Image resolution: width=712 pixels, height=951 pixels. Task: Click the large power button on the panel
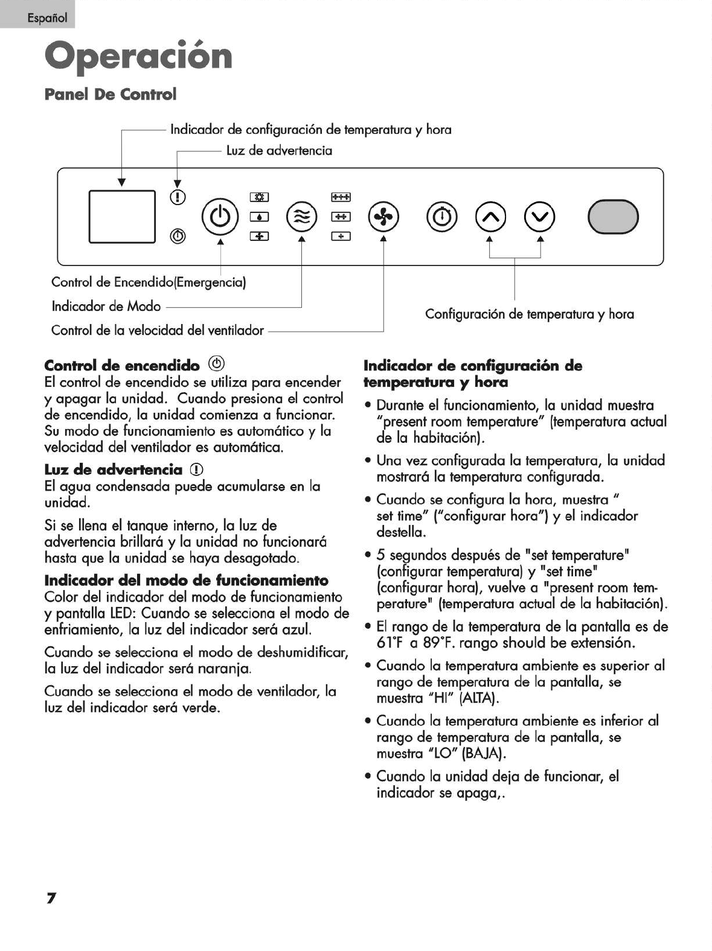tap(220, 216)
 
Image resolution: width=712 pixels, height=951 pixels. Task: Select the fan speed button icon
tap(384, 216)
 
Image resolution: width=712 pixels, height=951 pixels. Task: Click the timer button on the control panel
tap(443, 216)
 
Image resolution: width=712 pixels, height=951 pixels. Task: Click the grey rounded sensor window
tap(613, 216)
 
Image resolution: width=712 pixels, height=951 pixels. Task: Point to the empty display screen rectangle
tap(122, 216)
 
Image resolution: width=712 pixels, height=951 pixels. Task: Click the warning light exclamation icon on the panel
tap(178, 197)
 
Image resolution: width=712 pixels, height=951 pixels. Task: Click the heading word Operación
tap(138, 56)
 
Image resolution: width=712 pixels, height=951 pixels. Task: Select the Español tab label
tap(47, 17)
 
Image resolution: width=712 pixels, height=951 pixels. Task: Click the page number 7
tap(51, 898)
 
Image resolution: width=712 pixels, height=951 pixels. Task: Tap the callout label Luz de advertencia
tap(279, 151)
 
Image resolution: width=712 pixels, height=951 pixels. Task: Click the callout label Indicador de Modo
tap(106, 307)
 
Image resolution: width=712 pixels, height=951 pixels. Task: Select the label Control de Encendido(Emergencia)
tap(149, 282)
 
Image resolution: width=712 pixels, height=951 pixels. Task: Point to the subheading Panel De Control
tap(111, 94)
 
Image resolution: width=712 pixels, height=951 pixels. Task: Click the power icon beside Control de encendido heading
tap(216, 363)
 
